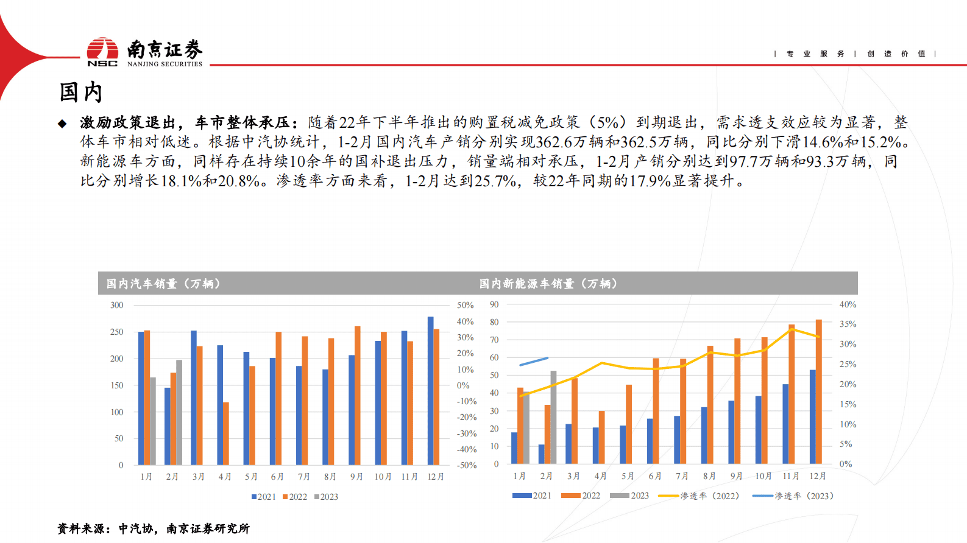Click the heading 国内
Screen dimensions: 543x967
80,93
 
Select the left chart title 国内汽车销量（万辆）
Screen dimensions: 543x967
163,284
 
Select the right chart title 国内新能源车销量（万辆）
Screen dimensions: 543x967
548,284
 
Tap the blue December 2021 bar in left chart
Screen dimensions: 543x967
430,391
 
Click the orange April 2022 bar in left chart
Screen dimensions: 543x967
226,433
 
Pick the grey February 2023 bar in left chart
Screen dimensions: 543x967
179,412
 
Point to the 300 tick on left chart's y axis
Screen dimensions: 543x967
116,305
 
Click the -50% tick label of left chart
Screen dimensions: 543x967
467,465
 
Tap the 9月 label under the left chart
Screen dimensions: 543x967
356,477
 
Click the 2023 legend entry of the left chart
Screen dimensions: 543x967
326,497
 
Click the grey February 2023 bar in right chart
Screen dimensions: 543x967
553,417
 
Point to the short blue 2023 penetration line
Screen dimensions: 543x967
534,362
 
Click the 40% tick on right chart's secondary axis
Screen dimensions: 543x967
848,304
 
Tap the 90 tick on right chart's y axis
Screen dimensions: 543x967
494,304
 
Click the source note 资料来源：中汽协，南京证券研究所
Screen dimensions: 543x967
154,528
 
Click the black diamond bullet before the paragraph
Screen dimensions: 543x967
62,124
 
